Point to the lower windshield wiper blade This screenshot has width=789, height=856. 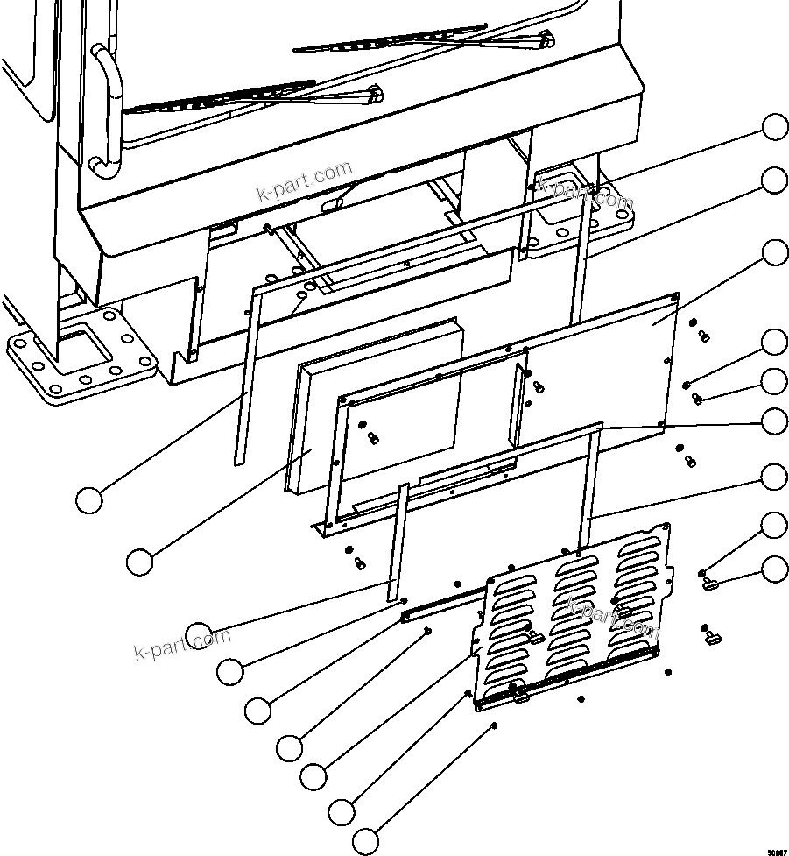[219, 97]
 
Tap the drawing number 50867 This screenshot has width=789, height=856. [776, 851]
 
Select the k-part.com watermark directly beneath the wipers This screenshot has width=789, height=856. [303, 180]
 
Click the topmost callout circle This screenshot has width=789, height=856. [774, 127]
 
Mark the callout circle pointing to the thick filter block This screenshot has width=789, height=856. [139, 562]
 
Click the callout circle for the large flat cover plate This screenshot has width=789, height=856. [774, 253]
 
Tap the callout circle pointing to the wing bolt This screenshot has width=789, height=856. [774, 569]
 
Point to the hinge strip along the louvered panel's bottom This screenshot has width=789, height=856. [569, 678]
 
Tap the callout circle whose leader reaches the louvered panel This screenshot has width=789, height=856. [313, 775]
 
